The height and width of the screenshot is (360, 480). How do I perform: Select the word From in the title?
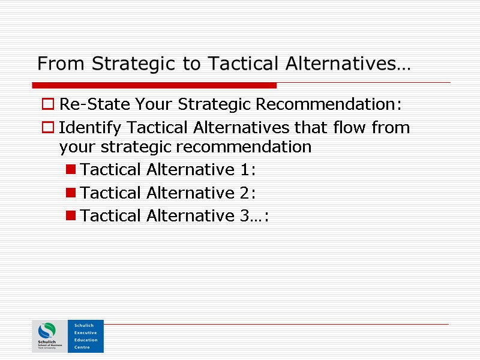(55, 64)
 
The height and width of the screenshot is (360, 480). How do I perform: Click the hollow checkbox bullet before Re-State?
(47, 105)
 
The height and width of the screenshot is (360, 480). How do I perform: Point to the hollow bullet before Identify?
(47, 128)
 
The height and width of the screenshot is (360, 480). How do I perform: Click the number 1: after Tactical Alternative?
(247, 170)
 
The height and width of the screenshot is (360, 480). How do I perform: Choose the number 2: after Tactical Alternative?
(247, 193)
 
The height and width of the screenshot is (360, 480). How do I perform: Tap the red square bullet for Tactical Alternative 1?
(71, 171)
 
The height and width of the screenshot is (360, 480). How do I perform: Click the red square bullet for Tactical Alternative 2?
(71, 193)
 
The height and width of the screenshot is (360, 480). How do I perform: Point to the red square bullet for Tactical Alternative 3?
(71, 216)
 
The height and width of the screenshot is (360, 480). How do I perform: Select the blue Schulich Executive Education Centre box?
(85, 336)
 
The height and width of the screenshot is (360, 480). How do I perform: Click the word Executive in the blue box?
(85, 332)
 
